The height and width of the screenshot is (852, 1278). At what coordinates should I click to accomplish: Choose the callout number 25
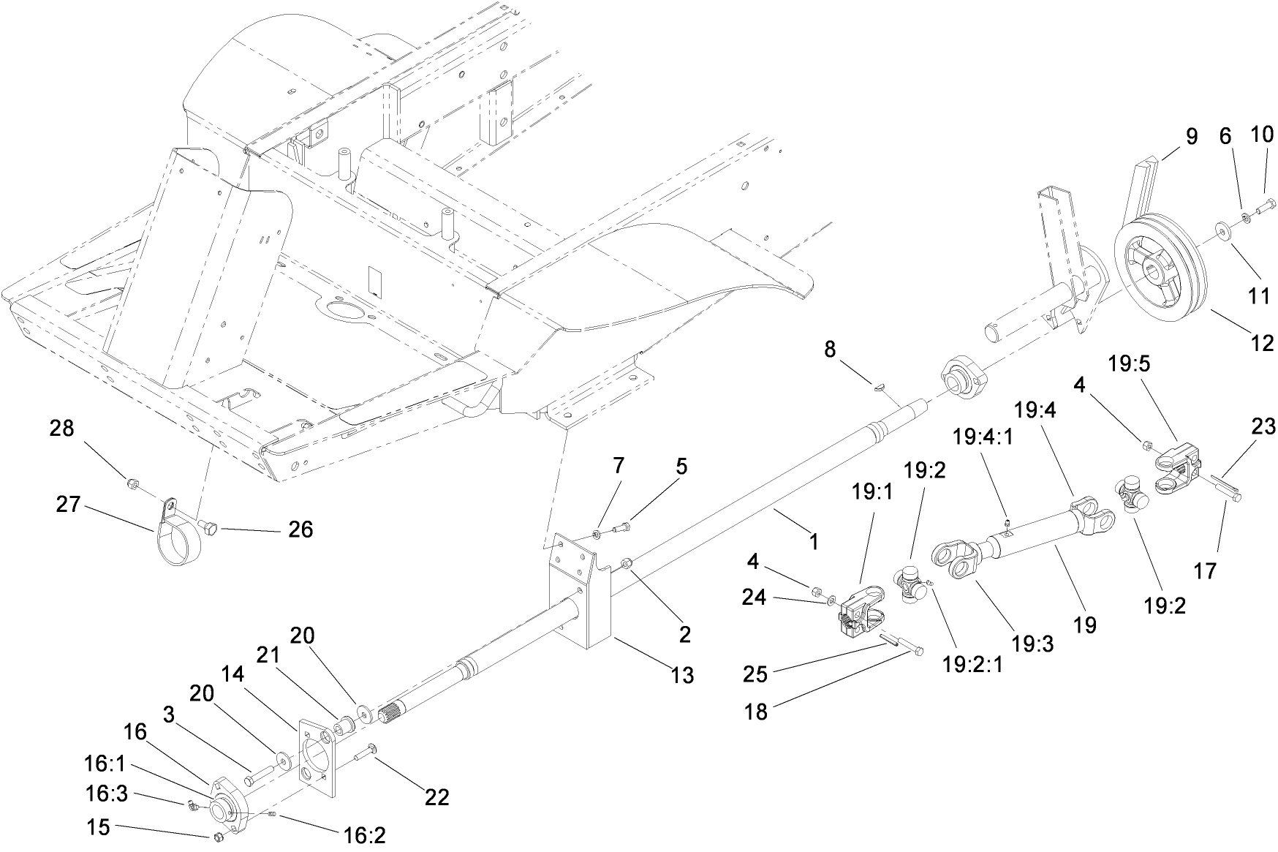pyautogui.click(x=755, y=674)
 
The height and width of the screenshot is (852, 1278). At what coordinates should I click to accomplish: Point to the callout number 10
pyautogui.click(x=1262, y=134)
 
